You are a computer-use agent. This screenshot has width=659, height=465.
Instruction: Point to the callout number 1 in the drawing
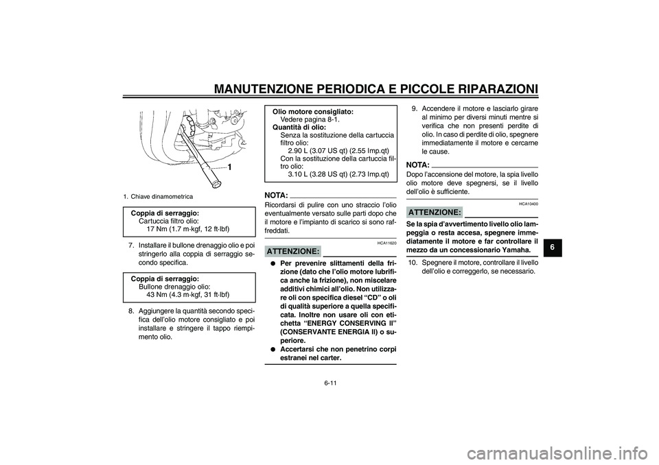point(230,167)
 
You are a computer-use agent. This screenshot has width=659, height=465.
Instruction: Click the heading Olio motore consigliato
point(313,111)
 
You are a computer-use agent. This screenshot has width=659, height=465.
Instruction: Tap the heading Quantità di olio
point(299,127)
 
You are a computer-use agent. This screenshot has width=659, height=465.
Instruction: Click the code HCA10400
point(529,204)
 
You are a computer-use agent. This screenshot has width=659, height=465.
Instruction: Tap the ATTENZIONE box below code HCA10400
point(435,213)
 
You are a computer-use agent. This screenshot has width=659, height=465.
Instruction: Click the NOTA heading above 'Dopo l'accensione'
point(418,165)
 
